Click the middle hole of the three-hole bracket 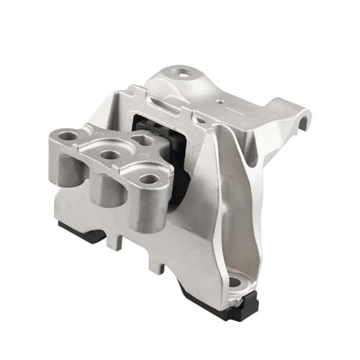click(109, 154)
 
